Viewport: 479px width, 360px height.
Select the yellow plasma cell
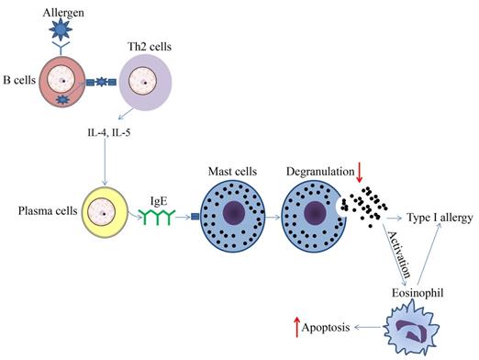[x=104, y=216]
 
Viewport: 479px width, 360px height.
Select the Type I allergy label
[x=440, y=219]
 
